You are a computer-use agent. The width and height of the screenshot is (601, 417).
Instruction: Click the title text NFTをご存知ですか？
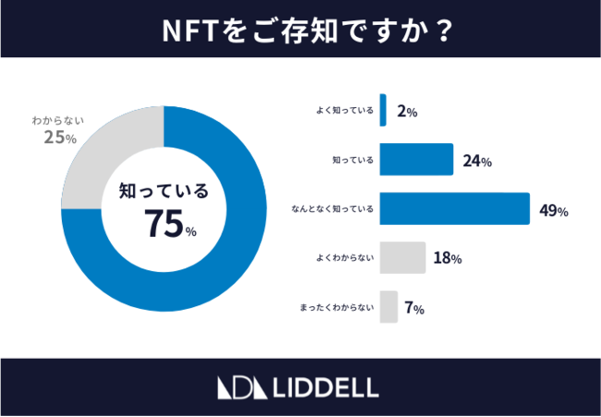[300, 29]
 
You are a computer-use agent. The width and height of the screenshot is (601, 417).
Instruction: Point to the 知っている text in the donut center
[164, 191]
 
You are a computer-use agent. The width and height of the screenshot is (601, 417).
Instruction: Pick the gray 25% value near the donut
[59, 138]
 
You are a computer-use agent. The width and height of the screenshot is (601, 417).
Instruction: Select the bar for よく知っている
[383, 110]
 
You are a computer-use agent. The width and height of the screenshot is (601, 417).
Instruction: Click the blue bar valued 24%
[416, 160]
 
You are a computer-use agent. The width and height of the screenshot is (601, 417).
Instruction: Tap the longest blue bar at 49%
[454, 209]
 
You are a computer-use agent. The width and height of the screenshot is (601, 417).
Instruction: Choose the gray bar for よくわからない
[402, 258]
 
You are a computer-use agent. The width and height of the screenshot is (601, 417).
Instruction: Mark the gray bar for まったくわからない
[388, 307]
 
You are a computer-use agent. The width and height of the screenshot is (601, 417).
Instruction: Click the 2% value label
[407, 111]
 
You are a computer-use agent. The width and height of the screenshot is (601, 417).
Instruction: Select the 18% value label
[448, 259]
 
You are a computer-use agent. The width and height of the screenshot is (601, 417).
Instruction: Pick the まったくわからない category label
[337, 308]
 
